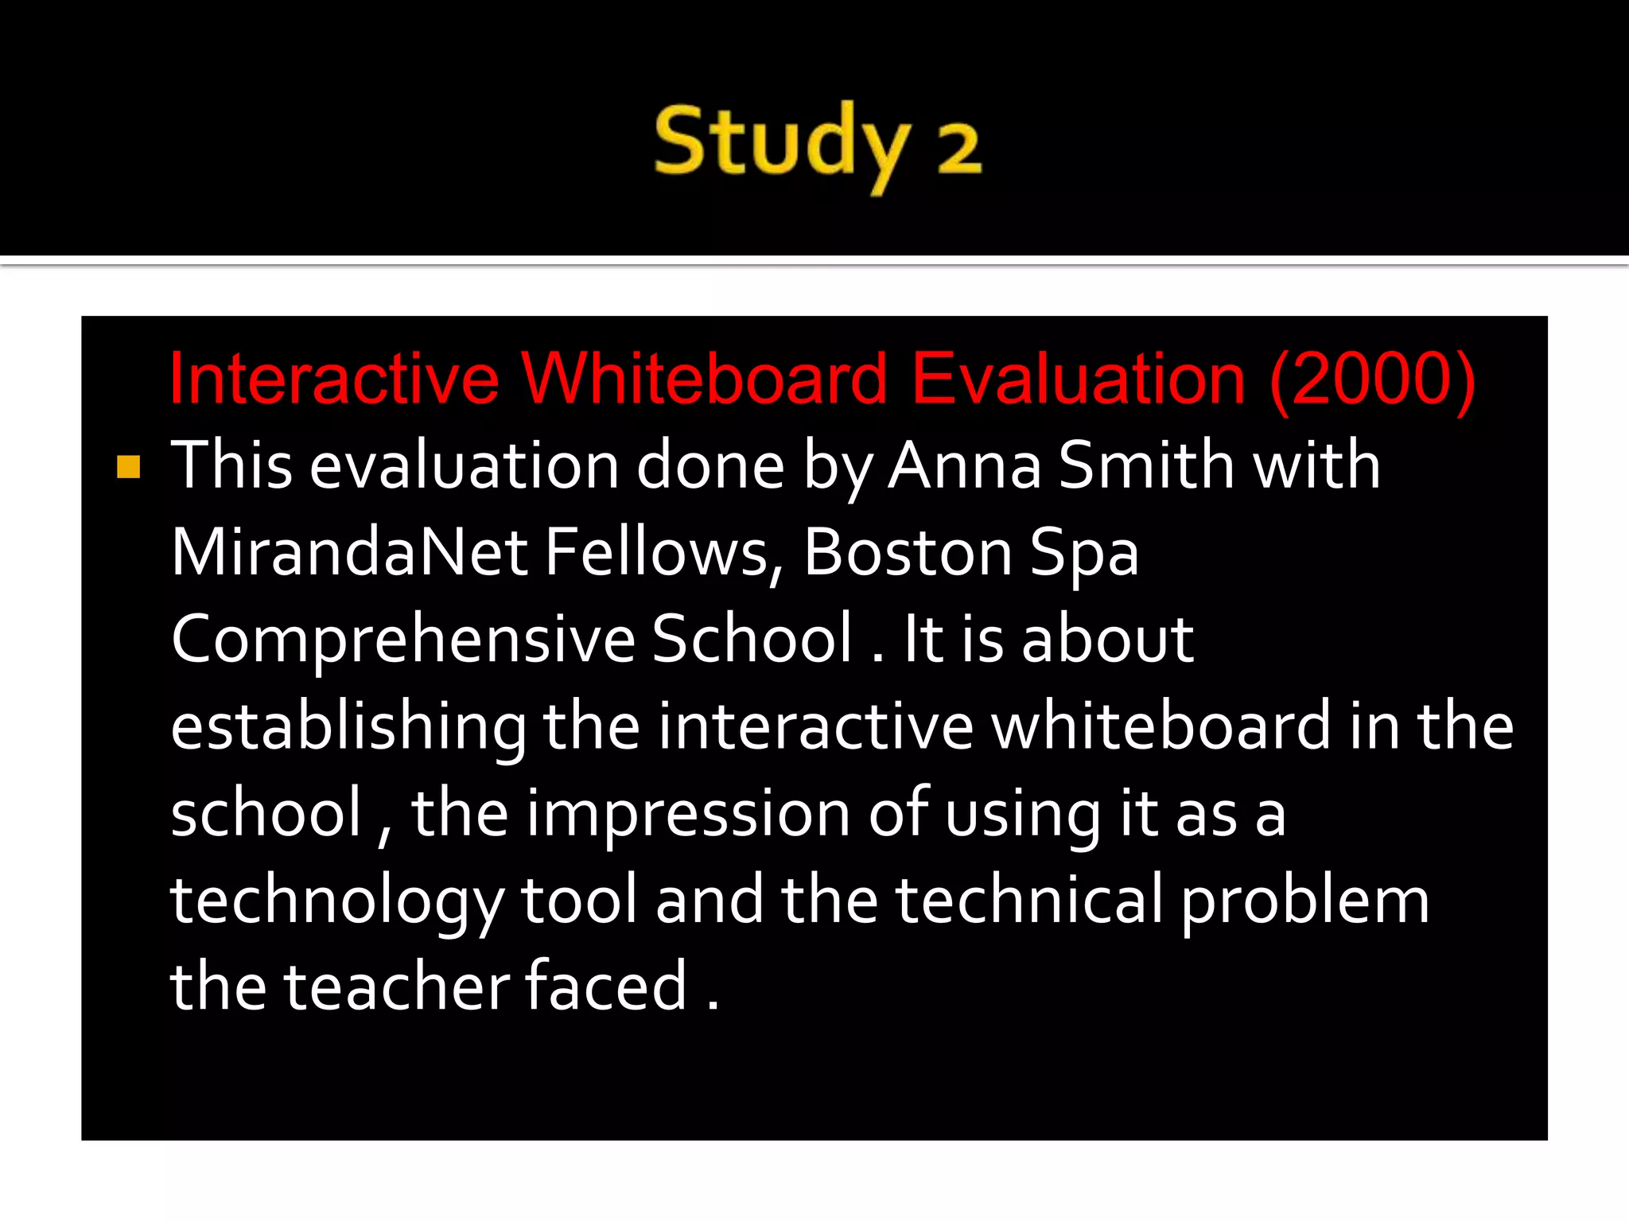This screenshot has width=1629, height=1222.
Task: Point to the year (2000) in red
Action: click(x=1372, y=380)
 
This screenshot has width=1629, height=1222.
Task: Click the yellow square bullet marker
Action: click(x=128, y=467)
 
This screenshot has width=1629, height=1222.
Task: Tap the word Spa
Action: click(x=1084, y=554)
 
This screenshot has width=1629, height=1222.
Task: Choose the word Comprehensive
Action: click(x=402, y=641)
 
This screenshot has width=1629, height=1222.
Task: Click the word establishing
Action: click(x=348, y=728)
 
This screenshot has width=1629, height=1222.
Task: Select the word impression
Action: click(x=688, y=814)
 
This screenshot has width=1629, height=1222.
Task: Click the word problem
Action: click(x=1304, y=903)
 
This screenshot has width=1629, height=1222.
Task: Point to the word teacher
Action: click(x=397, y=987)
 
